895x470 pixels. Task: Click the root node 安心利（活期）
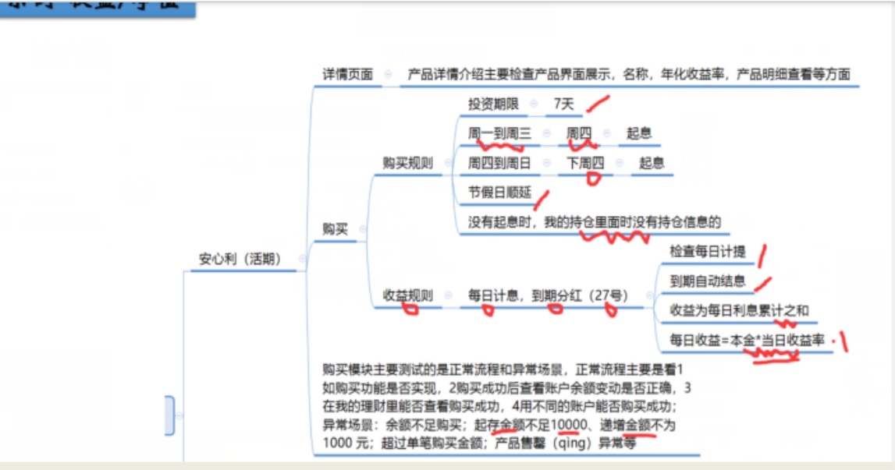tap(240, 259)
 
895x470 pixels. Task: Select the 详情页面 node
tap(348, 75)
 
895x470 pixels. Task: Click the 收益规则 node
tap(407, 295)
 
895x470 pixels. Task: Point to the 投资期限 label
tap(493, 104)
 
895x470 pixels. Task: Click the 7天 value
tap(563, 104)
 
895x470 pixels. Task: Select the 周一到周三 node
tap(499, 133)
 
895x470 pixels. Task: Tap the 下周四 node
tap(585, 163)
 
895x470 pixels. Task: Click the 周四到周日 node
tap(499, 163)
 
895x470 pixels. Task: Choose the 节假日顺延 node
tap(499, 193)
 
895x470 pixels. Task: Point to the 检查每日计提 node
tap(708, 252)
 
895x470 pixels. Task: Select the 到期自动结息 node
tap(708, 281)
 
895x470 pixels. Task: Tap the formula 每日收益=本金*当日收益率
tap(747, 340)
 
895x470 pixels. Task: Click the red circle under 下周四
tap(594, 178)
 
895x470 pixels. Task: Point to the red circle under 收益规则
tap(409, 309)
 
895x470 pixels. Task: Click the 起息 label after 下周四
tap(652, 163)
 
